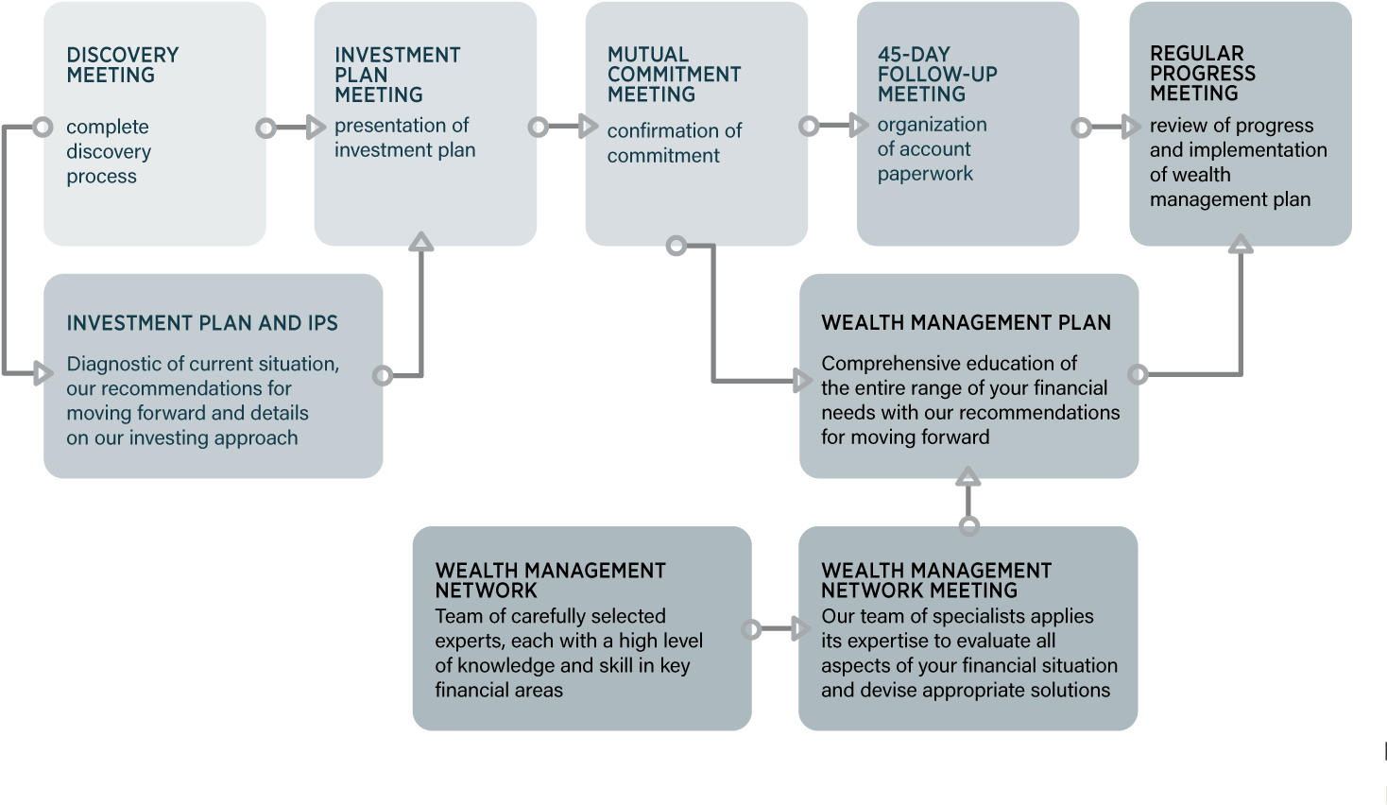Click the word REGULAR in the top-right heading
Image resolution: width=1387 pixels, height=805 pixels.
tap(1196, 54)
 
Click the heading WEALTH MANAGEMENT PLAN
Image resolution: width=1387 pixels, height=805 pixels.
tap(966, 323)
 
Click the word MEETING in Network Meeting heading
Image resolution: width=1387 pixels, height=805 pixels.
tap(972, 591)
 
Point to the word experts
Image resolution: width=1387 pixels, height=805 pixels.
tap(468, 642)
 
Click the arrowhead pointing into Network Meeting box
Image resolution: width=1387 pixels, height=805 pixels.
tap(802, 628)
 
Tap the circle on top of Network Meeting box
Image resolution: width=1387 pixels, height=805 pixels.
tap(968, 526)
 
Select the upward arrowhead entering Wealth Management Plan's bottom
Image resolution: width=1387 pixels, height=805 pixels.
tap(967, 477)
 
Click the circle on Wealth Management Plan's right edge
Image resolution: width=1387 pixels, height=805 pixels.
tap(1139, 375)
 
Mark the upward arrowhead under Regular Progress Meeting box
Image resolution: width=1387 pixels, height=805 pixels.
tap(1240, 245)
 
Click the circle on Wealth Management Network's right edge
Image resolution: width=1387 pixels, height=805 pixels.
tap(751, 629)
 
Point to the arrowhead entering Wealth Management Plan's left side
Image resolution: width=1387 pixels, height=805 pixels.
tap(803, 381)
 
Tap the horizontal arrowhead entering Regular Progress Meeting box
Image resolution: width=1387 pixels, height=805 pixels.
tap(1131, 127)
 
